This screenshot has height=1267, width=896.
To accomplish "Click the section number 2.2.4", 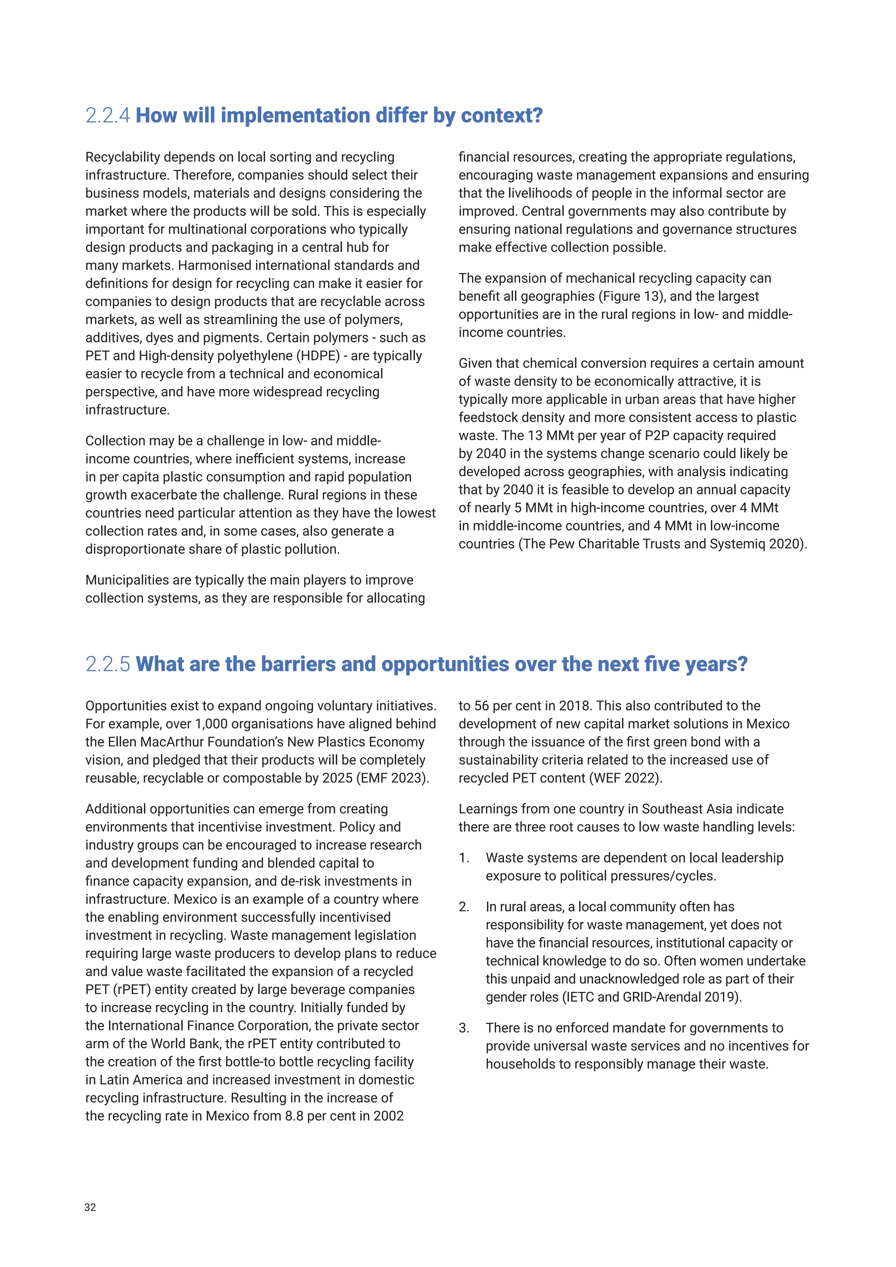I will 108,116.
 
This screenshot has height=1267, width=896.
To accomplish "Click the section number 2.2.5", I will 108,665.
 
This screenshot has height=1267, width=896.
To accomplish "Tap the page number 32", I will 90,1207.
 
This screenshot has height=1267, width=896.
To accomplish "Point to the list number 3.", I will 464,1028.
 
